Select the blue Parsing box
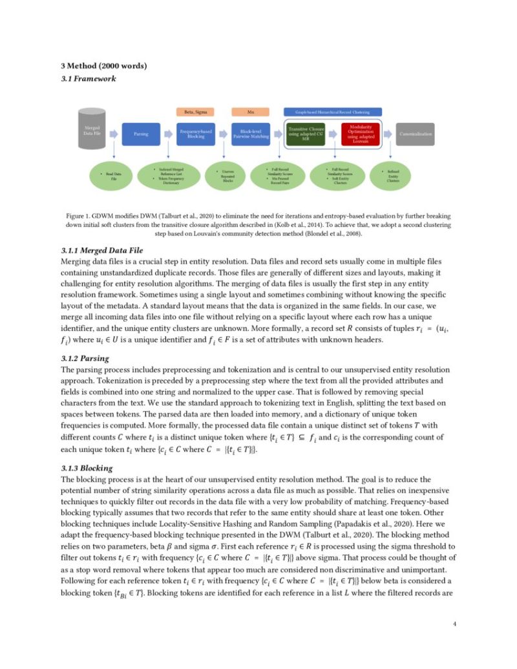(141, 134)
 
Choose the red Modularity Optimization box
(359, 134)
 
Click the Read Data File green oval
(114, 176)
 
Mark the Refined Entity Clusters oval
(394, 176)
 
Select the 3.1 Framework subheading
(88, 78)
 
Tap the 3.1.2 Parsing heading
(85, 357)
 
